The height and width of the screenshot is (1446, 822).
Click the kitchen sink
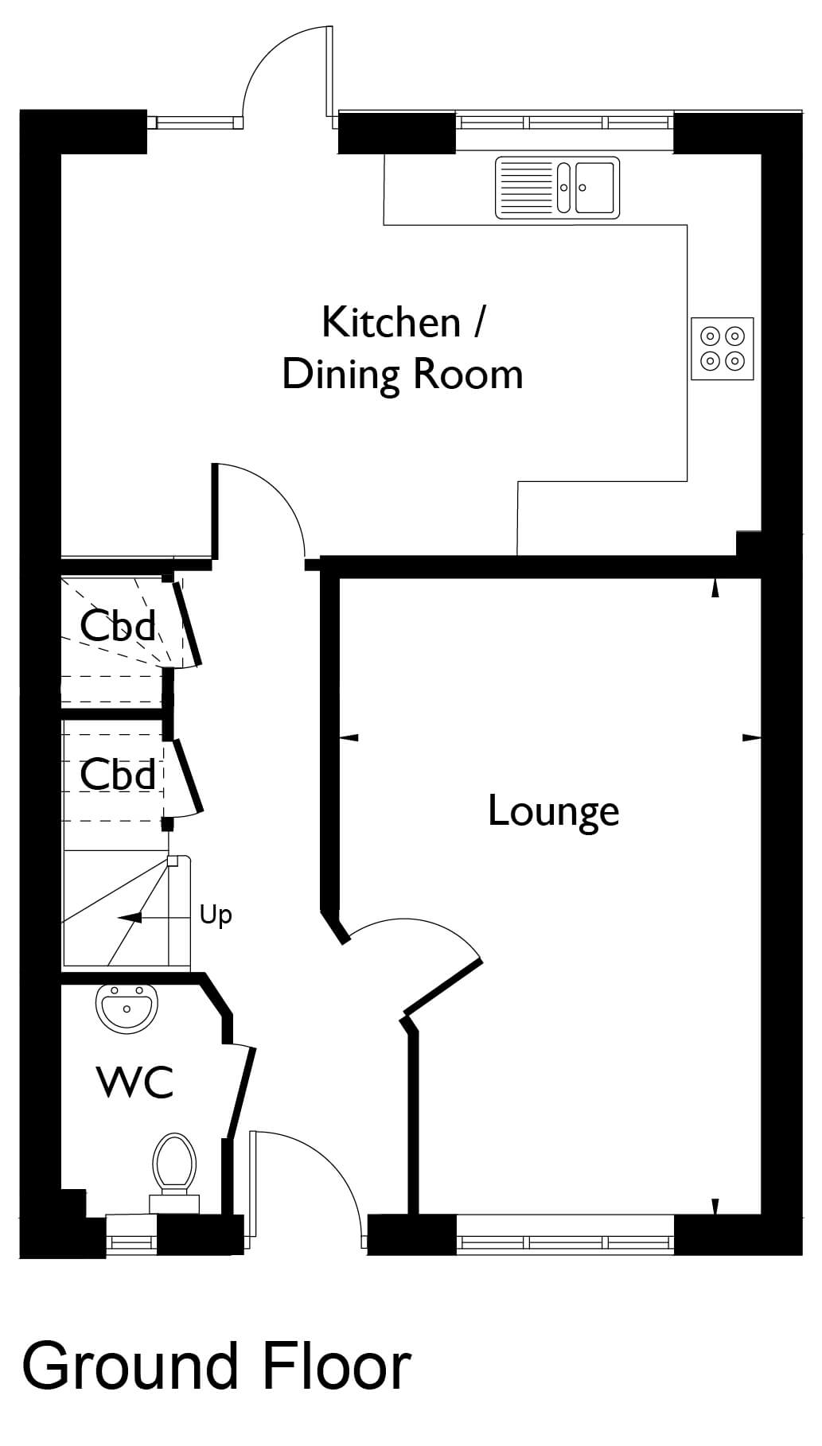coord(557,187)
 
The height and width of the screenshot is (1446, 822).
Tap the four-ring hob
coord(723,349)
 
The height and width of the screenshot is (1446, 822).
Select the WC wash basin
coord(126,1008)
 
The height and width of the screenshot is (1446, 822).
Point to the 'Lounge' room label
coord(553,812)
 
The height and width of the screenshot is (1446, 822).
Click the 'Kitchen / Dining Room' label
coord(403,348)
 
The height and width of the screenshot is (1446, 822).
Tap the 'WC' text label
coord(134,1082)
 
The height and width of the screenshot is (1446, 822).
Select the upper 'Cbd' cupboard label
coord(118,625)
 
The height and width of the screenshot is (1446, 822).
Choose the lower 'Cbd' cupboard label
coord(118,774)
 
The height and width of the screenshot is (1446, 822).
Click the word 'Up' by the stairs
coord(216,915)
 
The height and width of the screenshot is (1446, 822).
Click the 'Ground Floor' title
coord(216,1365)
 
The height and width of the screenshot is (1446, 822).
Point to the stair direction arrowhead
coord(130,917)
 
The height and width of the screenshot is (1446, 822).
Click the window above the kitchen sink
coord(565,122)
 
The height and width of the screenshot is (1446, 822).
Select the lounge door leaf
coord(443,988)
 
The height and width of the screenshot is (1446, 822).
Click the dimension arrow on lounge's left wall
coord(349,737)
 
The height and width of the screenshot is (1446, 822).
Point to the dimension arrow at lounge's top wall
coord(715,588)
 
